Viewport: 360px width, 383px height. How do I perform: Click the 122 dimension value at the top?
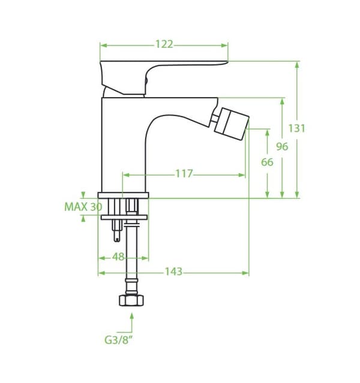pos(164,44)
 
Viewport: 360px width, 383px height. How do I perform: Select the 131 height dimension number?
pos(296,128)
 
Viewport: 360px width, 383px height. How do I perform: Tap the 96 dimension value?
pos(282,147)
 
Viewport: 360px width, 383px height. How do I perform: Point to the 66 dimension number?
pos(267,162)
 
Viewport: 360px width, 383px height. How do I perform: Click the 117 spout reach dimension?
pos(184,174)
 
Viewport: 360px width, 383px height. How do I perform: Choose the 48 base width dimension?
pos(118,257)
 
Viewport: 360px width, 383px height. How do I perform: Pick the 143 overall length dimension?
pos(173,272)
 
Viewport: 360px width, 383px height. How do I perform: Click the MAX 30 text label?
pos(83,207)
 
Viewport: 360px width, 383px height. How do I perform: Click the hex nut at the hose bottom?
pos(131,300)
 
